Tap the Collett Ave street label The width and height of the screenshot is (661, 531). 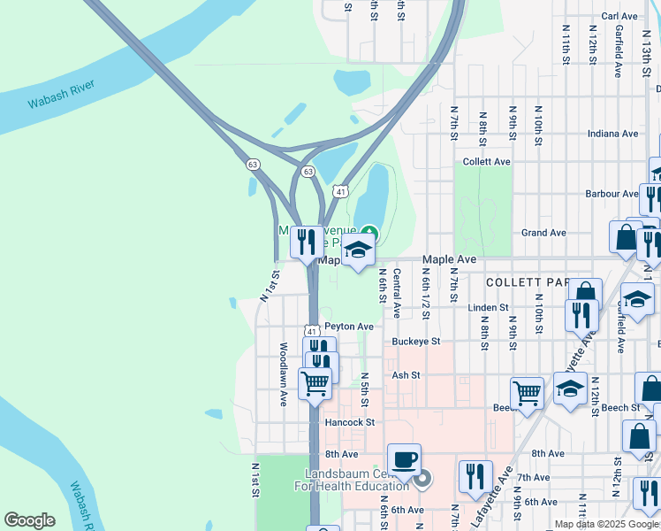(487, 162)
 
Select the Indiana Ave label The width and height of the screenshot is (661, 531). (613, 134)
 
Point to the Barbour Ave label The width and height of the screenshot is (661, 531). (611, 193)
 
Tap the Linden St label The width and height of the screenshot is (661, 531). (489, 307)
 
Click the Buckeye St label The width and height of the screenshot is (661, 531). (416, 341)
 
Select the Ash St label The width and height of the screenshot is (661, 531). (406, 375)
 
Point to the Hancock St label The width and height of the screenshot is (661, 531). (350, 423)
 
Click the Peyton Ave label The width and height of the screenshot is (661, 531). (349, 327)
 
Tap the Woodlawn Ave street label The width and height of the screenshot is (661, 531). (284, 374)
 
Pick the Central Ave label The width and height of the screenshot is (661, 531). (397, 293)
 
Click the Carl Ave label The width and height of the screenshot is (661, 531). (619, 16)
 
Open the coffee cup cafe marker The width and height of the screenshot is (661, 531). (404, 460)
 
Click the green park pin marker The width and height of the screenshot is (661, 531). (369, 234)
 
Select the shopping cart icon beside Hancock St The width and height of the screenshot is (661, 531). (315, 385)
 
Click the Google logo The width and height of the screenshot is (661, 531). (29, 520)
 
